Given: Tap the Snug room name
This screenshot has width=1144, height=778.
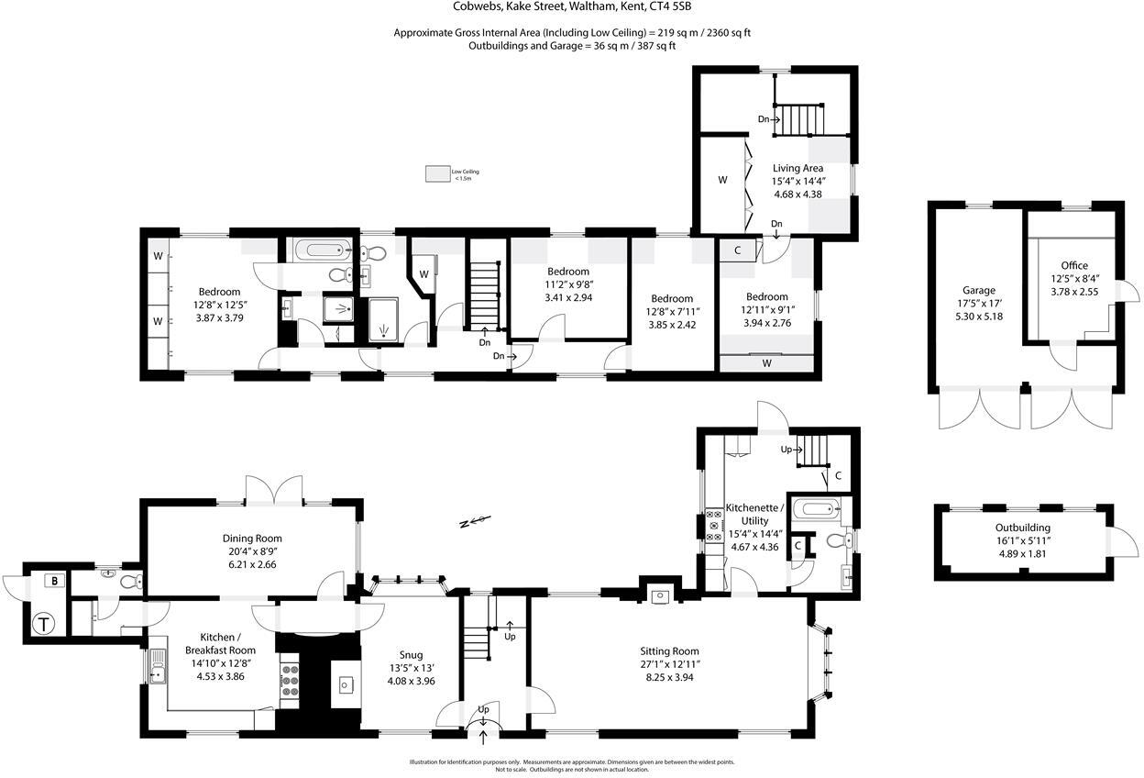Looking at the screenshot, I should point(410,655).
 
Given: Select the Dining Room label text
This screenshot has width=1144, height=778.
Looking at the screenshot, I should point(252,539).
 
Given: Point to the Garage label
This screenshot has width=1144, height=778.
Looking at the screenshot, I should point(978,290).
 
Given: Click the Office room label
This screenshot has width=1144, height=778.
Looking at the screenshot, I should point(1073,266).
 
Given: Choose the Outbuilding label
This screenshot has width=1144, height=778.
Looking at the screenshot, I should point(1023,528).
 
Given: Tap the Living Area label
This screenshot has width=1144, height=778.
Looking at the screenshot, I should point(797,168).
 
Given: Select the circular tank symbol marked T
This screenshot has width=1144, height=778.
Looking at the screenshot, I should point(44,626).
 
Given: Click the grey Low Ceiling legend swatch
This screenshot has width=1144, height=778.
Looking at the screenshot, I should point(435,172).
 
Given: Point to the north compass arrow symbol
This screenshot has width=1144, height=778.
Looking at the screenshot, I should point(474,523).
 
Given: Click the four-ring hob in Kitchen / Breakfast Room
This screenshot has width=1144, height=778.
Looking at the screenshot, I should point(291,682).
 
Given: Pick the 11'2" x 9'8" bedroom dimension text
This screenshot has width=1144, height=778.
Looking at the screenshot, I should point(568,284).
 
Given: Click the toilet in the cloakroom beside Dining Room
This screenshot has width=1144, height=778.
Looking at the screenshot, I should point(129,580).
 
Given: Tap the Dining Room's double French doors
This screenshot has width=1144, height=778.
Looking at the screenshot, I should point(274,488).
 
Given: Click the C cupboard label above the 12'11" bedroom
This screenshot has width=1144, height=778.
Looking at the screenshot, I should point(737,249).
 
